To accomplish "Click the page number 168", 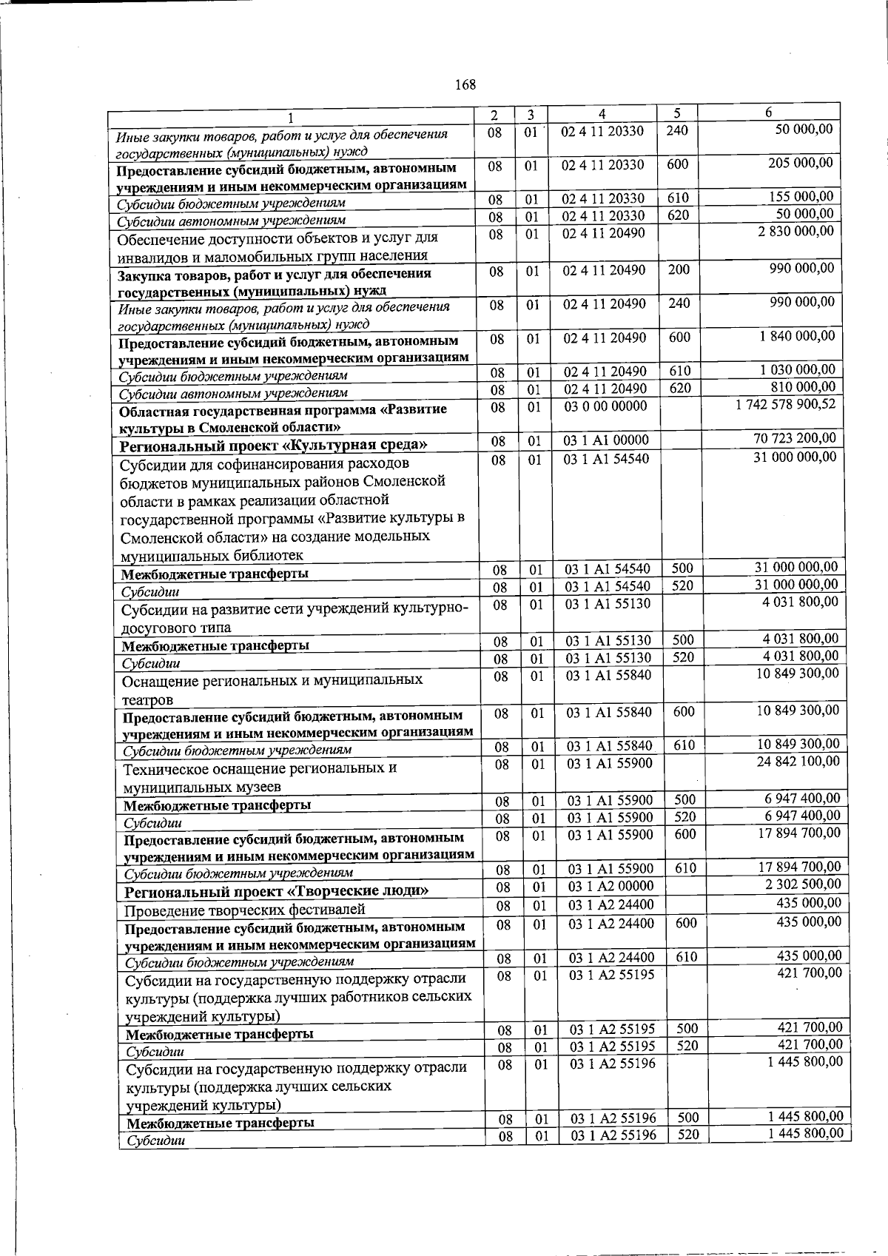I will (x=465, y=84).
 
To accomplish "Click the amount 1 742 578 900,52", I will (x=785, y=405).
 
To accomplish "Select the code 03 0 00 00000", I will (x=605, y=406).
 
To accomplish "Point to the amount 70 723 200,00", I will (x=795, y=439).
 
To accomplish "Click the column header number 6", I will (x=769, y=112).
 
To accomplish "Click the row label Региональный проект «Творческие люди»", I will (x=277, y=891).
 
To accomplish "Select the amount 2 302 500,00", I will (x=804, y=884).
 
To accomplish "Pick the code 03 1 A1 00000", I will (x=606, y=441).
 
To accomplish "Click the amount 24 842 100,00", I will (x=798, y=762).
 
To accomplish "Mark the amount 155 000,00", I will (x=802, y=197).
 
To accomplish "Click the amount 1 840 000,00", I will (x=796, y=337).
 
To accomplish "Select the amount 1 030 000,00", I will (x=796, y=370).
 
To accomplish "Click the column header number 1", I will (x=292, y=117).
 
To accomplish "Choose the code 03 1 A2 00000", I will (x=610, y=887).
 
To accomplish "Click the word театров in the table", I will (x=147, y=699).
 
